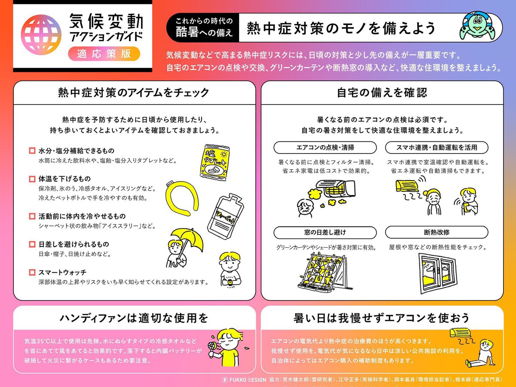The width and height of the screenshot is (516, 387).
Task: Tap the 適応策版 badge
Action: [104, 54]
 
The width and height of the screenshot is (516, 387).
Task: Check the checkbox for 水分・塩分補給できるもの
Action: [32, 151]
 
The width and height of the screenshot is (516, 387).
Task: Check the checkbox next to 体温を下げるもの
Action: [32, 178]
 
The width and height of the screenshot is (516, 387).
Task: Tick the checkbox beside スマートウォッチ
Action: [32, 272]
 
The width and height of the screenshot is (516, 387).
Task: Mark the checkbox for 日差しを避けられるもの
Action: [32, 244]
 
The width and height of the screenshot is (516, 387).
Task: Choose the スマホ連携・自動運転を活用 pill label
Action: [437, 147]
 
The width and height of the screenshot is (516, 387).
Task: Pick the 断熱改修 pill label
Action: [437, 232]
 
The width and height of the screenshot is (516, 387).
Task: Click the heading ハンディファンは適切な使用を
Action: [134, 318]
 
